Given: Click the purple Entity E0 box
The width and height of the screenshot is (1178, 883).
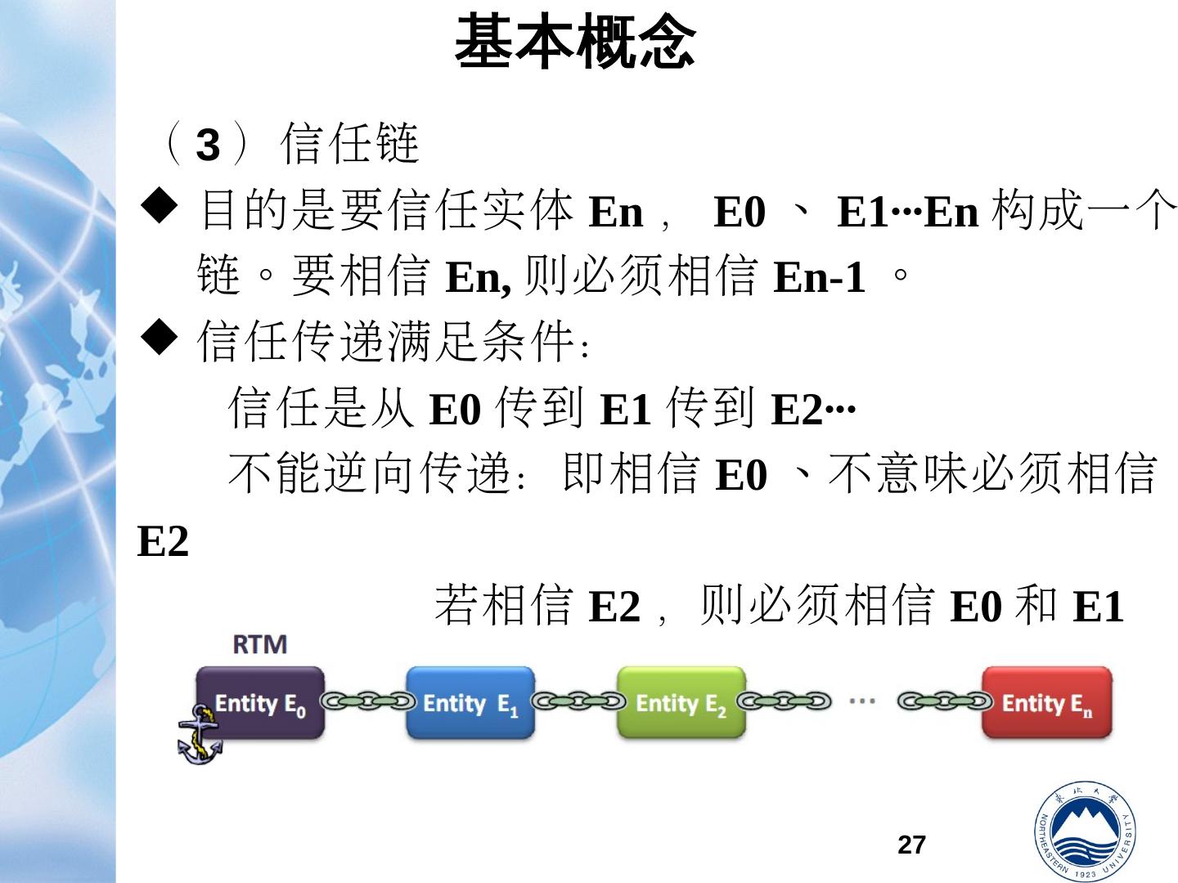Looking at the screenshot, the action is pos(260,703).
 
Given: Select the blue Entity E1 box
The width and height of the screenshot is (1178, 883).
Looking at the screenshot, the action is pos(470,703).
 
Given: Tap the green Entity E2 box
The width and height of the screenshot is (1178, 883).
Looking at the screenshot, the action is pos(681,703).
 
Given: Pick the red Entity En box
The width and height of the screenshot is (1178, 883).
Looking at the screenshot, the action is pos(1047,703).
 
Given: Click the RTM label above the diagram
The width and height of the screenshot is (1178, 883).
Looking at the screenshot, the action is pos(260,645).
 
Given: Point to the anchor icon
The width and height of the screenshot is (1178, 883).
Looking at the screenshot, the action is pos(199,735).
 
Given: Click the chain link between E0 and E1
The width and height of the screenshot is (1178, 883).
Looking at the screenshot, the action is pos(366,701).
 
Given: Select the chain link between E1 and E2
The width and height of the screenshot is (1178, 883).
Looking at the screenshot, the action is pos(577,701).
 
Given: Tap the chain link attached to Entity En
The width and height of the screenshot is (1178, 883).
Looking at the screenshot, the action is pos(945,701).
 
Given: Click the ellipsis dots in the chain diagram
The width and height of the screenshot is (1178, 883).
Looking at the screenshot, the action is pos(862,701).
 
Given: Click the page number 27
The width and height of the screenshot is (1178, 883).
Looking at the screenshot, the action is pos(911,845).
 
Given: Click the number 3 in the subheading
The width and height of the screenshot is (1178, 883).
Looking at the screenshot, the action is pos(209,146).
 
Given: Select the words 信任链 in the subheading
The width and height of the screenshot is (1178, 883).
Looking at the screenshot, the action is pos(349,144).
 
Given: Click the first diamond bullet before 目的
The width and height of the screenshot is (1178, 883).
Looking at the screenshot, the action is pos(160,208).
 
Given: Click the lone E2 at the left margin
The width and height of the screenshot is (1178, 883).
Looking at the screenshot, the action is pos(163,541).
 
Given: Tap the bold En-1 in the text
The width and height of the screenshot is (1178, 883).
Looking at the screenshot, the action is pos(819,277).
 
